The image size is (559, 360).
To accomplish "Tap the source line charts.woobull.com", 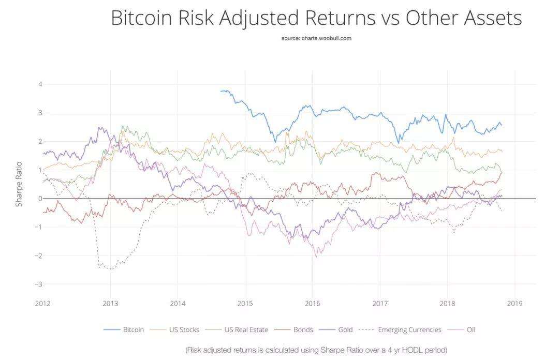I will [316, 38].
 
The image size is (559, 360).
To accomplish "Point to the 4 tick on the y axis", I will [40, 84].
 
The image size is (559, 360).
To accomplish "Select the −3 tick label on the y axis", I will [38, 284].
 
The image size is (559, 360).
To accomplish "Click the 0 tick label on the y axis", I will [40, 199].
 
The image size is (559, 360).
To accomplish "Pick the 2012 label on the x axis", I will [42, 303].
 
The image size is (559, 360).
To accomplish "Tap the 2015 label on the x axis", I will [245, 303].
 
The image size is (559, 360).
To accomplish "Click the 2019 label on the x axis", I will [515, 303].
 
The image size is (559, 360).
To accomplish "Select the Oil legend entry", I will [469, 329].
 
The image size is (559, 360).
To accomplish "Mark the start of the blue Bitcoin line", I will [221, 91].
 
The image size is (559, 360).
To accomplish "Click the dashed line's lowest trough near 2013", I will [110, 269].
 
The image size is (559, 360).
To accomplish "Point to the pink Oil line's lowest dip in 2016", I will [316, 256].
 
